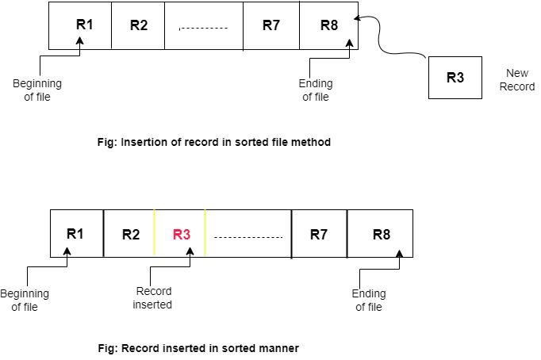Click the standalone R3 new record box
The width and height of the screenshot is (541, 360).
coord(455,78)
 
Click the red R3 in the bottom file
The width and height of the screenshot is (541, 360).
coord(181,235)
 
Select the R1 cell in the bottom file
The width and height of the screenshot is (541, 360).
coord(76,234)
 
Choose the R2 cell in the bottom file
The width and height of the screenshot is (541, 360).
coord(130,235)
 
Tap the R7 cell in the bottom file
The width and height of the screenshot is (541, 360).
coord(319,235)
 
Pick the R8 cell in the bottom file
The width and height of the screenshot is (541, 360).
coord(381,235)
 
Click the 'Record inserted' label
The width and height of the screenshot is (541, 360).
coord(153,298)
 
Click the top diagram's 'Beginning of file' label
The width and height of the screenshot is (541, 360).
coord(37,90)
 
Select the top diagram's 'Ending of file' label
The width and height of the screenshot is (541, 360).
coord(315,90)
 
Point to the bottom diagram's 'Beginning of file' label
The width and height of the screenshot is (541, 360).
coord(25,301)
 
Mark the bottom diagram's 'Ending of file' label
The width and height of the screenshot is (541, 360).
coord(368,301)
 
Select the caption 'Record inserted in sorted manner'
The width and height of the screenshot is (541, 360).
coord(195,347)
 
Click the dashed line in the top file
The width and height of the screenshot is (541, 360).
coord(204,29)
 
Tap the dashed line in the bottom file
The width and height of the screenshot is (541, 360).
coord(248,237)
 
